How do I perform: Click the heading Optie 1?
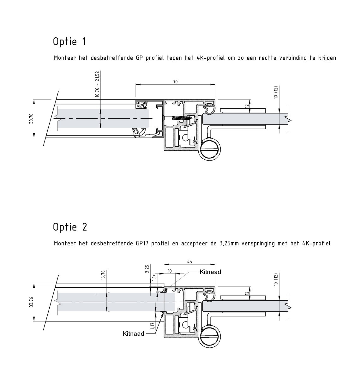[x=69, y=42]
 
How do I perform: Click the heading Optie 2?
[x=70, y=227]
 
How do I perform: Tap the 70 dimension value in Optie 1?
[x=175, y=82]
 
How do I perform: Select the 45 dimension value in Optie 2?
[x=189, y=262]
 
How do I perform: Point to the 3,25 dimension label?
[x=147, y=269]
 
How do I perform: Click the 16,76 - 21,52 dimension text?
[x=97, y=84]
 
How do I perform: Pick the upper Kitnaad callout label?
[x=210, y=272]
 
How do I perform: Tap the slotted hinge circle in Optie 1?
[x=209, y=149]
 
